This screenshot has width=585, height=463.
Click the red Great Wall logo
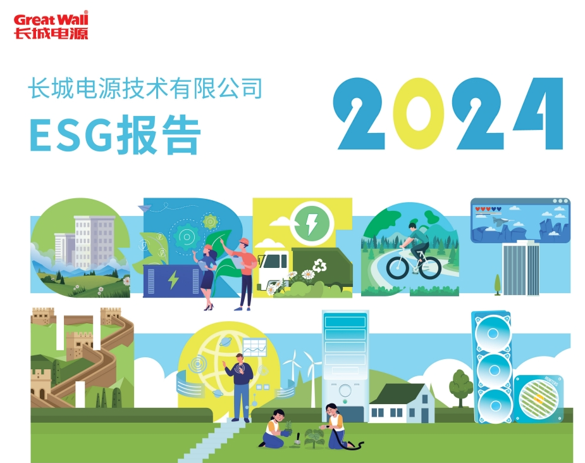pos(51,25)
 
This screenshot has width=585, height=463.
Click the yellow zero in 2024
pos(418,113)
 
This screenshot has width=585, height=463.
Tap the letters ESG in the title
pos(71,135)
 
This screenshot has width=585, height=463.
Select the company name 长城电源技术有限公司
pos(145,88)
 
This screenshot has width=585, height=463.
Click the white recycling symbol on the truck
pos(320,266)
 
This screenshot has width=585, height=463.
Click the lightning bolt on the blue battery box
pos(173,279)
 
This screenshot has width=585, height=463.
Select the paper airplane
pos(145,208)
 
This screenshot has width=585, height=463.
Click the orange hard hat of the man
pos(244,241)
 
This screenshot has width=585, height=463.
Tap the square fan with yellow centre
pos(538,399)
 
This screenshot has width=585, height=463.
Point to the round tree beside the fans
pos(461,387)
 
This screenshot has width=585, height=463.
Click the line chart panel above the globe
pos(255,348)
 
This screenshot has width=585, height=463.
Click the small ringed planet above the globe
pos(225,341)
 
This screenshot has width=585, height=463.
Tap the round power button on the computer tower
pos(345,391)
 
